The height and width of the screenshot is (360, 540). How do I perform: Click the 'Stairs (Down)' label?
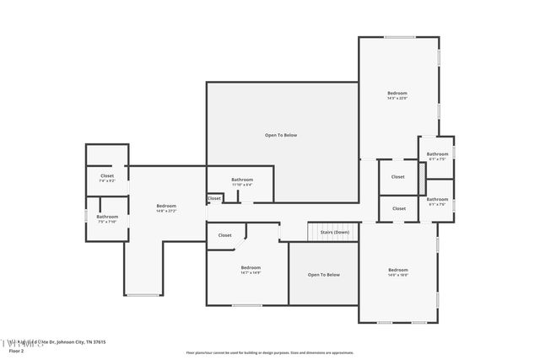coord(333,232)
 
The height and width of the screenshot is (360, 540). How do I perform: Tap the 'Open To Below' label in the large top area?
coord(281,135)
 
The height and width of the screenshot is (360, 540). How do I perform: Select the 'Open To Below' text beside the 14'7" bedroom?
coord(323,275)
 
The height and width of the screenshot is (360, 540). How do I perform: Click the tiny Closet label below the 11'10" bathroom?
coord(214,199)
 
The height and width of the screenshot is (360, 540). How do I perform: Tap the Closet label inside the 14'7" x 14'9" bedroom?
coord(224,235)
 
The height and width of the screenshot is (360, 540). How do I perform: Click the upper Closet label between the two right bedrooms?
coord(398,177)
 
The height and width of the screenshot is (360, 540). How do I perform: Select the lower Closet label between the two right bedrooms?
coord(398,208)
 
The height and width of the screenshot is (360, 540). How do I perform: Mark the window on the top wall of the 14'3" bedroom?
coord(400,37)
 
